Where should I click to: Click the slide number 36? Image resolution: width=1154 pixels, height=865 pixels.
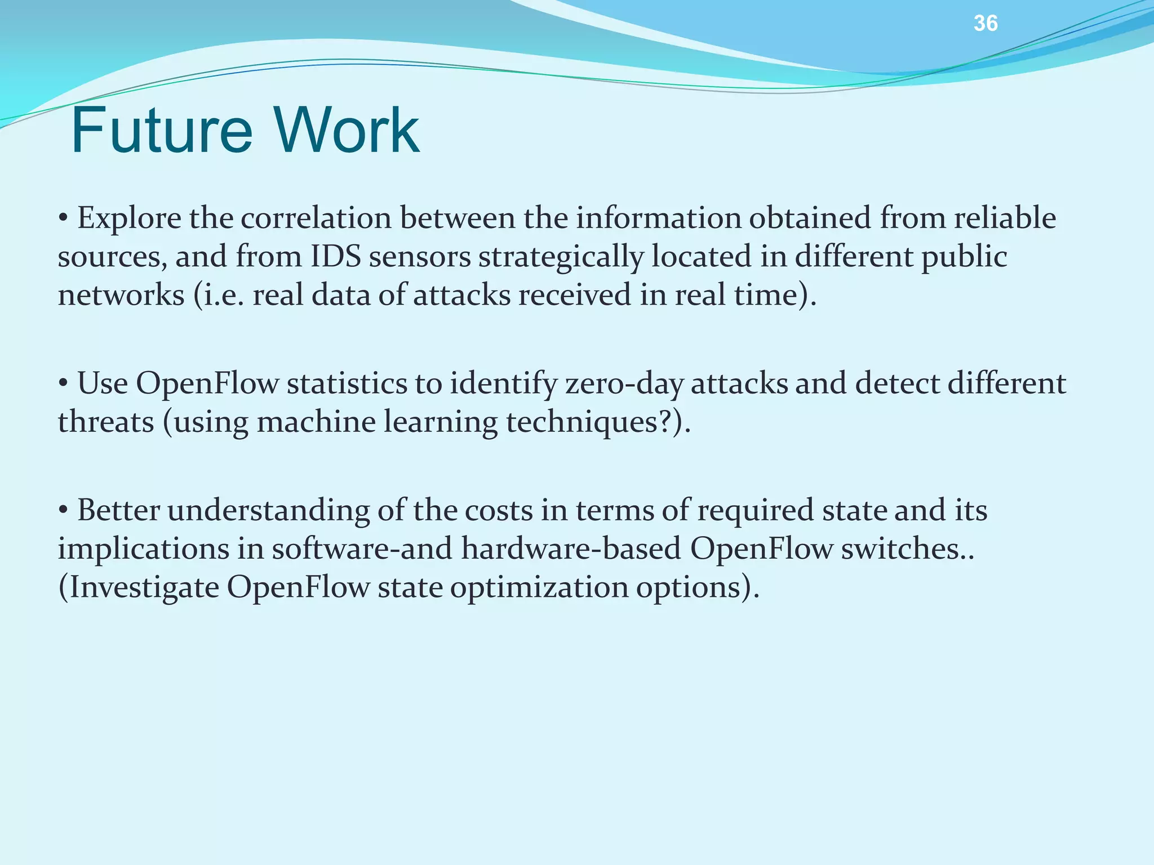coord(986,24)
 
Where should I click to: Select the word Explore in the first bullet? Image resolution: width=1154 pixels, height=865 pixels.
coord(129,219)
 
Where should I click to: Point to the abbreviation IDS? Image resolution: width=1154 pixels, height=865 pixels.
coord(336,257)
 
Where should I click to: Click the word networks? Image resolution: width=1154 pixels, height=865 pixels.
coord(121,295)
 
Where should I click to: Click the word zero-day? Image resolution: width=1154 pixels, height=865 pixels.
coord(624,384)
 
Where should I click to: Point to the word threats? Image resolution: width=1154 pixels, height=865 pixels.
coord(106,422)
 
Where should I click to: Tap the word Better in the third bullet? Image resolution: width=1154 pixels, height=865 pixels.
coord(118,511)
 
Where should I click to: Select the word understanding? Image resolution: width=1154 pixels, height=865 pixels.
coord(268,511)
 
